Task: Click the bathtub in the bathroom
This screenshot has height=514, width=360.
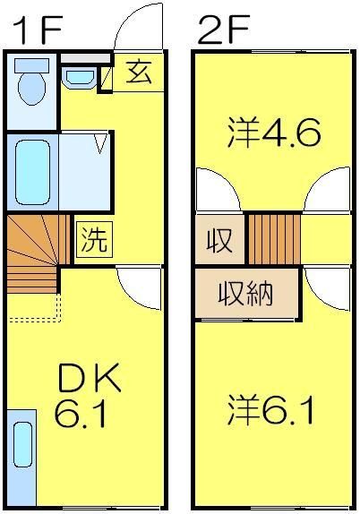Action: (x=33, y=169)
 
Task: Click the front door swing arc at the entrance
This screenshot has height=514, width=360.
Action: (x=140, y=27)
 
